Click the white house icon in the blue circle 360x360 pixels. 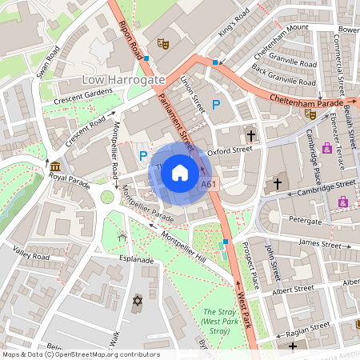coord(180,172)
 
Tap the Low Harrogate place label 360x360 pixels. coord(123,80)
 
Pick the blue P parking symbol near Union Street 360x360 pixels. coord(215,104)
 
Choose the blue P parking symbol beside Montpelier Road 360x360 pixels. coord(143,156)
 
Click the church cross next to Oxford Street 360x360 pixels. coord(251,136)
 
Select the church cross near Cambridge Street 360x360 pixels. coord(278,183)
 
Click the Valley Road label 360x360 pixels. coord(31,253)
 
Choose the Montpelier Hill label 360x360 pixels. coord(183,247)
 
